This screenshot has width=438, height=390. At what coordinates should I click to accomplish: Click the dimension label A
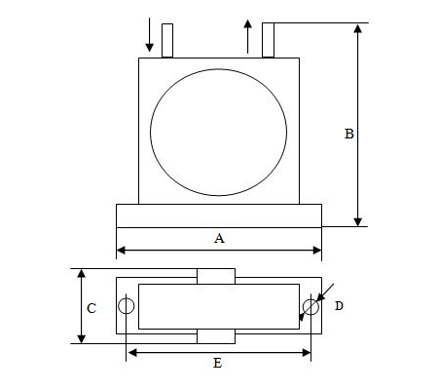tap(219, 238)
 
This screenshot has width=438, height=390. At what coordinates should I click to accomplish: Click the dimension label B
tap(349, 134)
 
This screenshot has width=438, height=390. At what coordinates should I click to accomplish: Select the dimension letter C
tap(91, 308)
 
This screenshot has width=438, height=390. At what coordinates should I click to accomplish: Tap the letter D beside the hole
tap(339, 306)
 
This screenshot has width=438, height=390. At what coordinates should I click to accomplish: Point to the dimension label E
tap(218, 363)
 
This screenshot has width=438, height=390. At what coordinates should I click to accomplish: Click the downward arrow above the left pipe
tap(149, 35)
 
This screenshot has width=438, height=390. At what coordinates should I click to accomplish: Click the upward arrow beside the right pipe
tap(248, 36)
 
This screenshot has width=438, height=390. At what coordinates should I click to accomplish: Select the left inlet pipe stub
tap(167, 41)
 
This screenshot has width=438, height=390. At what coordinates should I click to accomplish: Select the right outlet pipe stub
tap(268, 40)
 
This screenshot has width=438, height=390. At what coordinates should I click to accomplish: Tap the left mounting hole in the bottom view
tap(127, 298)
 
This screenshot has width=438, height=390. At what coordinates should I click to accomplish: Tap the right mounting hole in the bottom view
tap(310, 299)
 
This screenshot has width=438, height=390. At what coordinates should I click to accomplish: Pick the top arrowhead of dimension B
tap(357, 28)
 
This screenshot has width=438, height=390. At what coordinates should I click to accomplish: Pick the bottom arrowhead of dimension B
tap(357, 222)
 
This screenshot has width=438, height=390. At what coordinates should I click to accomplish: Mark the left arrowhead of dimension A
tap(121, 251)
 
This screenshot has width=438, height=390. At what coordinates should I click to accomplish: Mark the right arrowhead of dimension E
tap(307, 353)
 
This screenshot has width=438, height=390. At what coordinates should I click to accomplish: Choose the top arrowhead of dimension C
tap(82, 273)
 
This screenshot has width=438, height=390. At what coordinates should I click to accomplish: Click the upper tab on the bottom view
tap(216, 276)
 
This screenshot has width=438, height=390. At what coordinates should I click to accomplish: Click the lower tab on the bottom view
tap(216, 336)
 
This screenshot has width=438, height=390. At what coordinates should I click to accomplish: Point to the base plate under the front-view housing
tap(219, 215)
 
